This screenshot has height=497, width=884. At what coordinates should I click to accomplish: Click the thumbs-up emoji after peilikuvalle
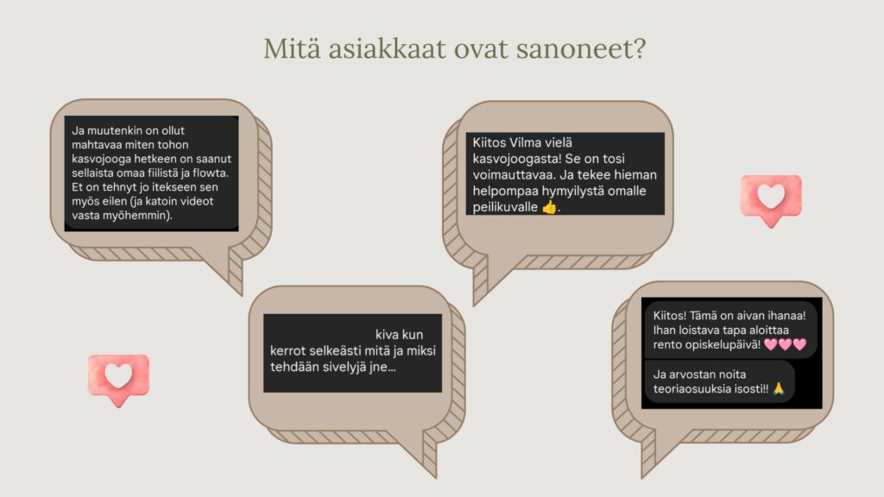click(x=549, y=207)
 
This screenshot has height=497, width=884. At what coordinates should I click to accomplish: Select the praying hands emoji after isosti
click(x=779, y=388)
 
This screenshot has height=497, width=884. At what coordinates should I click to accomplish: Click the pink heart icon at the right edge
click(x=771, y=199)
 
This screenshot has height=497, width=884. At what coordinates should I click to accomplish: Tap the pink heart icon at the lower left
click(x=118, y=380)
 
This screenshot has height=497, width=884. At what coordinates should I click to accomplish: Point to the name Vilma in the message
click(x=525, y=142)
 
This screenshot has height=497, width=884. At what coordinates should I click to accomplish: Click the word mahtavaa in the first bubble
click(x=95, y=145)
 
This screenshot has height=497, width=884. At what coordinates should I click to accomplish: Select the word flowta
click(x=211, y=173)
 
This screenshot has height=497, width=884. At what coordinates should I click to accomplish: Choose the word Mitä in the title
click(x=292, y=48)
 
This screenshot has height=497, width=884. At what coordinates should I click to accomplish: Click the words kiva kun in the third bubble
click(x=399, y=335)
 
